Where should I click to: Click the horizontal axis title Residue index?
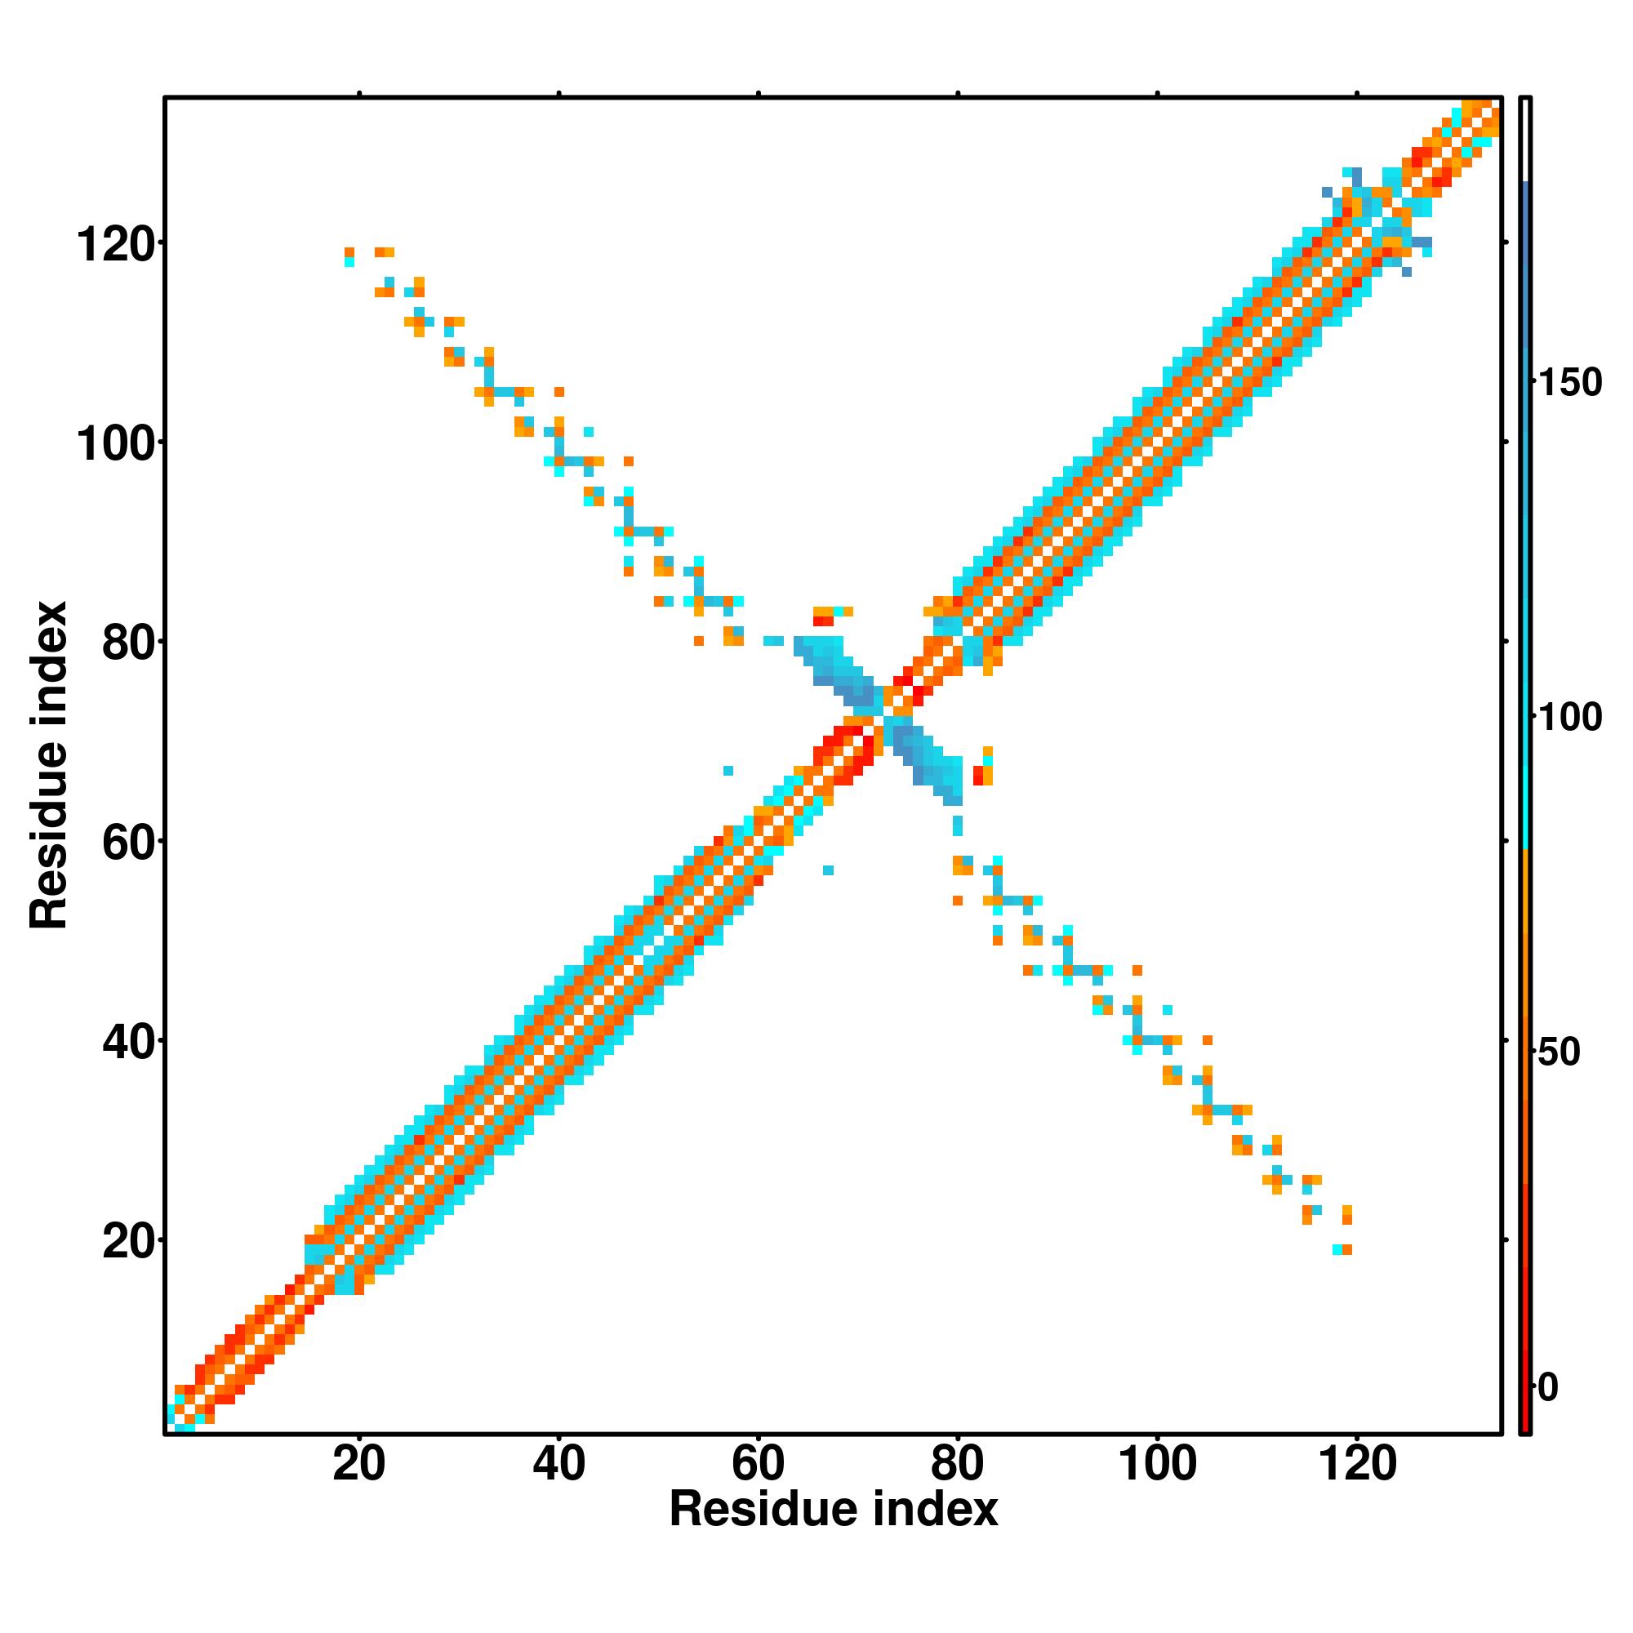coord(834,1511)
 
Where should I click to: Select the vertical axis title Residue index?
coord(49,765)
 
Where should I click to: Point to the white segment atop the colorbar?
coord(1526,140)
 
